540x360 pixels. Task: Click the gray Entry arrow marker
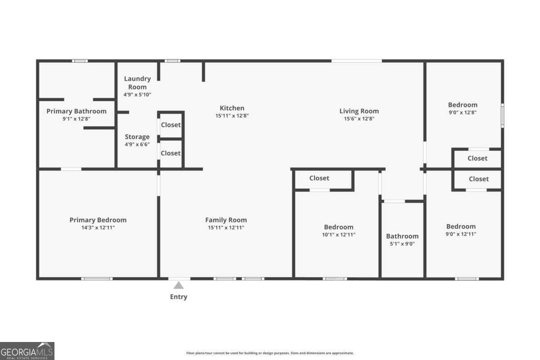[179, 285]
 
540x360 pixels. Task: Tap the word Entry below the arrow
[179, 297]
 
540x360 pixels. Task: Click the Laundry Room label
[137, 83]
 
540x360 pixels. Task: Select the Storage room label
[137, 137]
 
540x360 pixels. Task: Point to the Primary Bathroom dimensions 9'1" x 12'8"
[76, 119]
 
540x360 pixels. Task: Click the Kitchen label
[232, 108]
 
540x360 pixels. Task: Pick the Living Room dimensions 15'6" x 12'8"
[359, 119]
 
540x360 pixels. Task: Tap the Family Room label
[226, 220]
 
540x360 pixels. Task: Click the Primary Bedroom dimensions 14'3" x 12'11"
[98, 227]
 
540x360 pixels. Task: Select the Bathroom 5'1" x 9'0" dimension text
[402, 244]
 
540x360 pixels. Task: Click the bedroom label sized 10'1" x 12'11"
[339, 227]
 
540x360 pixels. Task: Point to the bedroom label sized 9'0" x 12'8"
[463, 105]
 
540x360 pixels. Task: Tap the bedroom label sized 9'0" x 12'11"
[461, 226]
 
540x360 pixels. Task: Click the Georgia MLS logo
[27, 351]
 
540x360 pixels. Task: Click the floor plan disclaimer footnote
[270, 353]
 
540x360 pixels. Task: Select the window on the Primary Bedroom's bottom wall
[97, 279]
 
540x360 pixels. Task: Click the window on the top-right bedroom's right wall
[503, 116]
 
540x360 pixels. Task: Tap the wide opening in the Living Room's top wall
[357, 61]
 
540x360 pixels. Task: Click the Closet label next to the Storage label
[171, 153]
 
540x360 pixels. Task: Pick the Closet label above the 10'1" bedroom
[319, 178]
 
